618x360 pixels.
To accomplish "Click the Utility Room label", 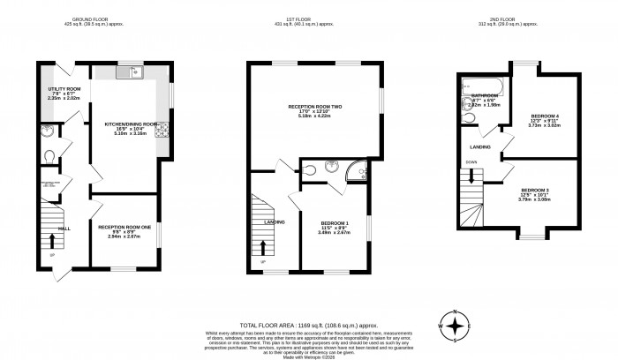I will (x=64, y=89).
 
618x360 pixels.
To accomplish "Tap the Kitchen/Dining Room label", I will (x=131, y=124).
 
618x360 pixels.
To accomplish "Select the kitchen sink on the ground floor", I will (x=140, y=74).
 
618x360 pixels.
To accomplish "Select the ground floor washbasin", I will (x=46, y=133).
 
